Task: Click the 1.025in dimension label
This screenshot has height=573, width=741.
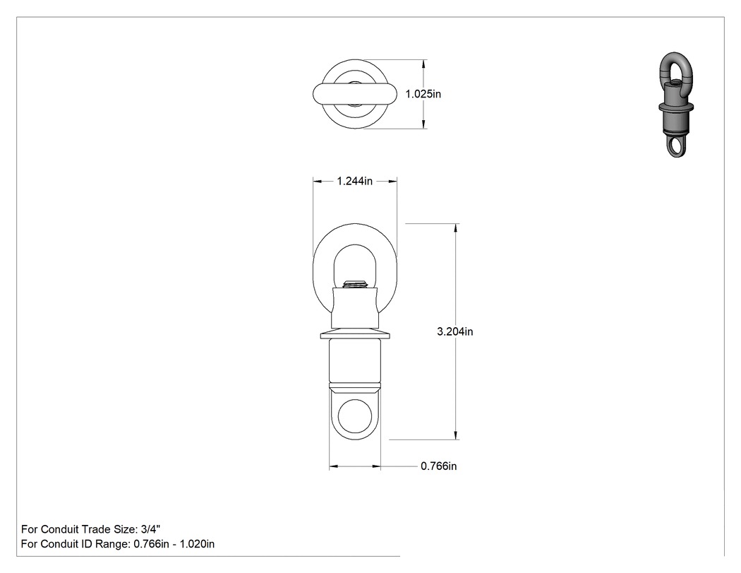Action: (423, 94)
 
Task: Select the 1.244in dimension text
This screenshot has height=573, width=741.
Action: (354, 181)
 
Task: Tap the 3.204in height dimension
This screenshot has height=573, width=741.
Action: (454, 331)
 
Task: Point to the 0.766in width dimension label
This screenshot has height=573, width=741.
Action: (438, 466)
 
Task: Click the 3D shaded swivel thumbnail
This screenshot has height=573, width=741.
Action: (676, 105)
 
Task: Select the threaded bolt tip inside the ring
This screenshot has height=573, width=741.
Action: (355, 284)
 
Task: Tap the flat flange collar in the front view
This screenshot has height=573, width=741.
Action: (355, 336)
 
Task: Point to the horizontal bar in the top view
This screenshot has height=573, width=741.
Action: (354, 94)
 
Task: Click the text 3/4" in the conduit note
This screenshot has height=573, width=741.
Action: (150, 529)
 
